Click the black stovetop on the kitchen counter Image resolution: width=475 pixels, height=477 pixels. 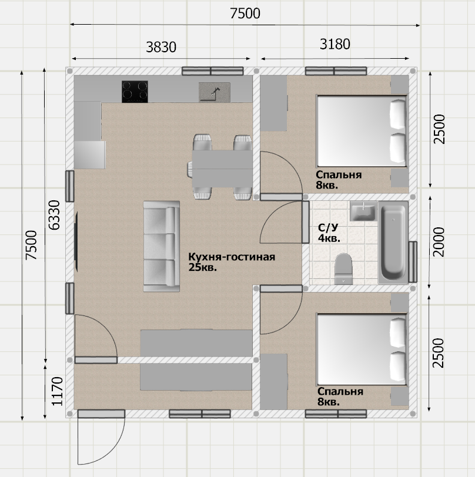tap(135, 92)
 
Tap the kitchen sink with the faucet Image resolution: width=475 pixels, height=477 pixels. tap(215, 92)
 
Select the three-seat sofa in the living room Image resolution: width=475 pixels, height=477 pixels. tap(162, 246)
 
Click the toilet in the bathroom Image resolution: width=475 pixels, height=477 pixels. tap(343, 269)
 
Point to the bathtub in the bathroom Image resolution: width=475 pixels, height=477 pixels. tap(393, 243)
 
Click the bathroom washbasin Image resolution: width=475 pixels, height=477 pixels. tap(363, 211)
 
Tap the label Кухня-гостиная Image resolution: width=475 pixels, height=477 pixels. tap(232, 257)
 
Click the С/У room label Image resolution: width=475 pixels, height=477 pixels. tap(328, 227)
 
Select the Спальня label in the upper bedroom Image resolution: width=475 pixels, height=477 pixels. tap(339, 175)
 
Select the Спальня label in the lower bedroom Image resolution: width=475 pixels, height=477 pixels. tap(340, 391)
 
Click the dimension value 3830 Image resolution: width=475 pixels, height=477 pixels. tap(161, 47)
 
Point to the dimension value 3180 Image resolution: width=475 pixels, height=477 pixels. tap(335, 45)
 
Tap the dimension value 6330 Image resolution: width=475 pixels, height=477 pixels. tap(55, 215)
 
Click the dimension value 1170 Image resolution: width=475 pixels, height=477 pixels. tap(57, 391)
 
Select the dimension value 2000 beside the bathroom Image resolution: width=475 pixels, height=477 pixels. tap(439, 242)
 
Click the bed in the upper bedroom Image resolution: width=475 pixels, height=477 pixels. tap(362, 131)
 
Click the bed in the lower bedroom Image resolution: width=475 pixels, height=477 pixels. tap(362, 349)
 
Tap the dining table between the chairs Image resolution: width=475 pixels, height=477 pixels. tap(222, 169)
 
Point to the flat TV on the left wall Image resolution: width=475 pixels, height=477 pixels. tap(76, 241)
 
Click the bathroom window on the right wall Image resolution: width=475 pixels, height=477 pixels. tap(413, 262)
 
